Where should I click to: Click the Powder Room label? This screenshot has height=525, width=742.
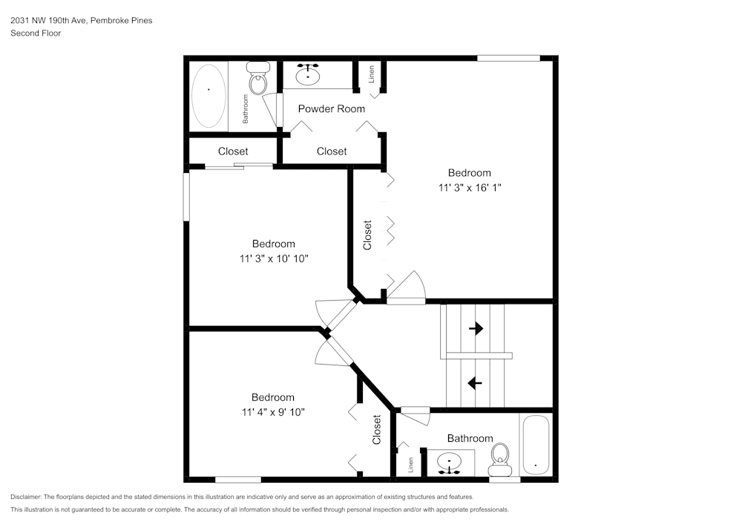[331, 109]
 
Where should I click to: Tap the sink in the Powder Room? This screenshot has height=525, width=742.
[308, 75]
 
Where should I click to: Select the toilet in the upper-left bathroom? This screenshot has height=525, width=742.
[258, 79]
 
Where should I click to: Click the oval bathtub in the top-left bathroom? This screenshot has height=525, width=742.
[209, 96]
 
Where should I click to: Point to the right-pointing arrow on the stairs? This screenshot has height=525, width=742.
[475, 327]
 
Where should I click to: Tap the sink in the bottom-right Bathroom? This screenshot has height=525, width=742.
[450, 463]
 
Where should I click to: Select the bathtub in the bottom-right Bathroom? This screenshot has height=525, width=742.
[535, 446]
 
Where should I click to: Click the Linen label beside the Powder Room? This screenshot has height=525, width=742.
[371, 74]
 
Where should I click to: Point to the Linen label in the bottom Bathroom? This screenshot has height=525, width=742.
[410, 464]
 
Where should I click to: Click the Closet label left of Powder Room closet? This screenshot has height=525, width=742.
[233, 151]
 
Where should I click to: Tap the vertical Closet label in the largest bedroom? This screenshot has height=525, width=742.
[367, 234]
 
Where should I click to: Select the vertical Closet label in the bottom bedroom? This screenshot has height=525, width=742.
[377, 430]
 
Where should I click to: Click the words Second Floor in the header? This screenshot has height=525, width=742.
[36, 33]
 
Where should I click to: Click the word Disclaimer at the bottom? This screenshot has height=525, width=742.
[27, 497]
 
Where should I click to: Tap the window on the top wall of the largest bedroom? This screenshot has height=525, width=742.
[508, 57]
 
